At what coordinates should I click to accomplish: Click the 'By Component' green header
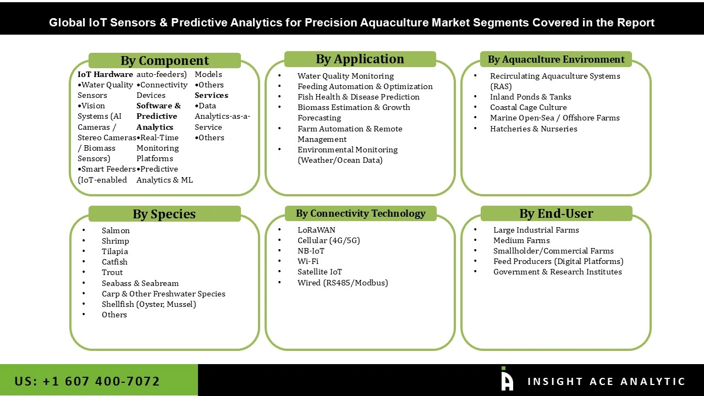164,61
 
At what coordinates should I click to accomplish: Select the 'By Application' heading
360,59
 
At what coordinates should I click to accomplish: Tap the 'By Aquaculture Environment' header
556,59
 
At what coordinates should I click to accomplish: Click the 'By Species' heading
164,214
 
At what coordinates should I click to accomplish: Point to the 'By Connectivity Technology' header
360,213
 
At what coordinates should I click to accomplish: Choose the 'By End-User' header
556,213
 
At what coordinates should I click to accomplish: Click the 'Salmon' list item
116,230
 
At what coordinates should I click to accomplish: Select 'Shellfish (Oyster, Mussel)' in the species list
148,304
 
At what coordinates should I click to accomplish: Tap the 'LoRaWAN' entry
316,230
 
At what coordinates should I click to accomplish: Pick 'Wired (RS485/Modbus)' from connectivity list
343,283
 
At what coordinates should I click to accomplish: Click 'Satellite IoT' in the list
320,272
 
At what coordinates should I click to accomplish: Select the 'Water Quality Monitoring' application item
345,76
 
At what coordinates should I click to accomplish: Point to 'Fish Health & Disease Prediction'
358,97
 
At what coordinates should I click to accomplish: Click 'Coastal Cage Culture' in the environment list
528,107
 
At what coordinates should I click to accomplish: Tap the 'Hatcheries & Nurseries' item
533,129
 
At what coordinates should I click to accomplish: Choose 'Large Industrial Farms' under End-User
536,230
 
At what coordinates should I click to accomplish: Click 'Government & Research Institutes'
557,272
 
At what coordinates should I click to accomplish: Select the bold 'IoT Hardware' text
105,74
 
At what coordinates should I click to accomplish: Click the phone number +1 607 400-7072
87,381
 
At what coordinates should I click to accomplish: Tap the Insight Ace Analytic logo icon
507,380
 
